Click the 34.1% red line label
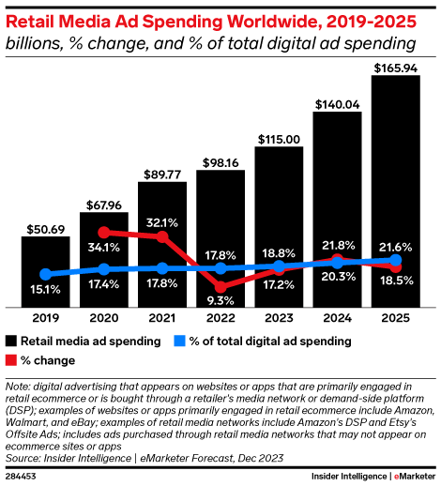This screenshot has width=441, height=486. click(x=103, y=248)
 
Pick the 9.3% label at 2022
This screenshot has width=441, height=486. click(x=220, y=300)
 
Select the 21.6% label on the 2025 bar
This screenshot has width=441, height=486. click(x=396, y=245)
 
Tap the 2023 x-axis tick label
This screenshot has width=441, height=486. click(x=279, y=319)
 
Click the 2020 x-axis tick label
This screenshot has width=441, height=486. click(x=103, y=319)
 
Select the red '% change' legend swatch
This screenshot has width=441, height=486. click(x=11, y=360)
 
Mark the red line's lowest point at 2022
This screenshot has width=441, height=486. click(x=220, y=286)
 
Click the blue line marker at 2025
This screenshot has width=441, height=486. click(x=396, y=260)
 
